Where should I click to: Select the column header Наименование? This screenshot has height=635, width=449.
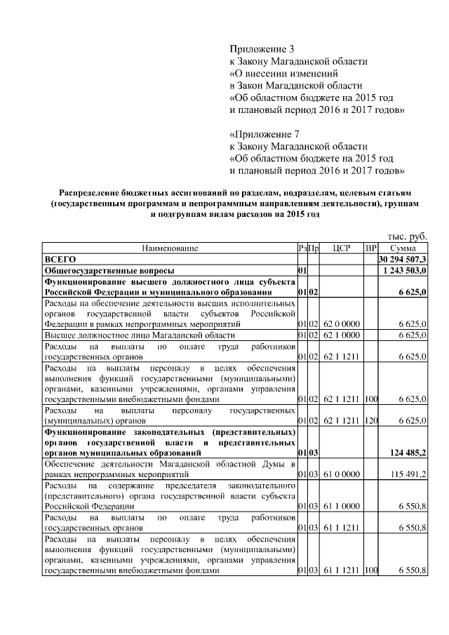coord(170,248)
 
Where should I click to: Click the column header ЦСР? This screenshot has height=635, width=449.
coord(342,248)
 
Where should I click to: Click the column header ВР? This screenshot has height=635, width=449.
coord(370,248)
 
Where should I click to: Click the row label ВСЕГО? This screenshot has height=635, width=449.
coord(60,259)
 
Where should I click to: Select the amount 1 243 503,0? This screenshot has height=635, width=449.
coord(403,270)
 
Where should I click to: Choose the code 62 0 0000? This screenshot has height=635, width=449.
coord(342,324)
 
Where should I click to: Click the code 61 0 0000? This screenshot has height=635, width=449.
coord(342,475)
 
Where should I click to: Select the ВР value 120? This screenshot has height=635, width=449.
coord(370,420)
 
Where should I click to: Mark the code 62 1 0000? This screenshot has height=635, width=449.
coord(342,335)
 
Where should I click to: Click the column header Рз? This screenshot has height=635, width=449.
coord(302,248)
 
